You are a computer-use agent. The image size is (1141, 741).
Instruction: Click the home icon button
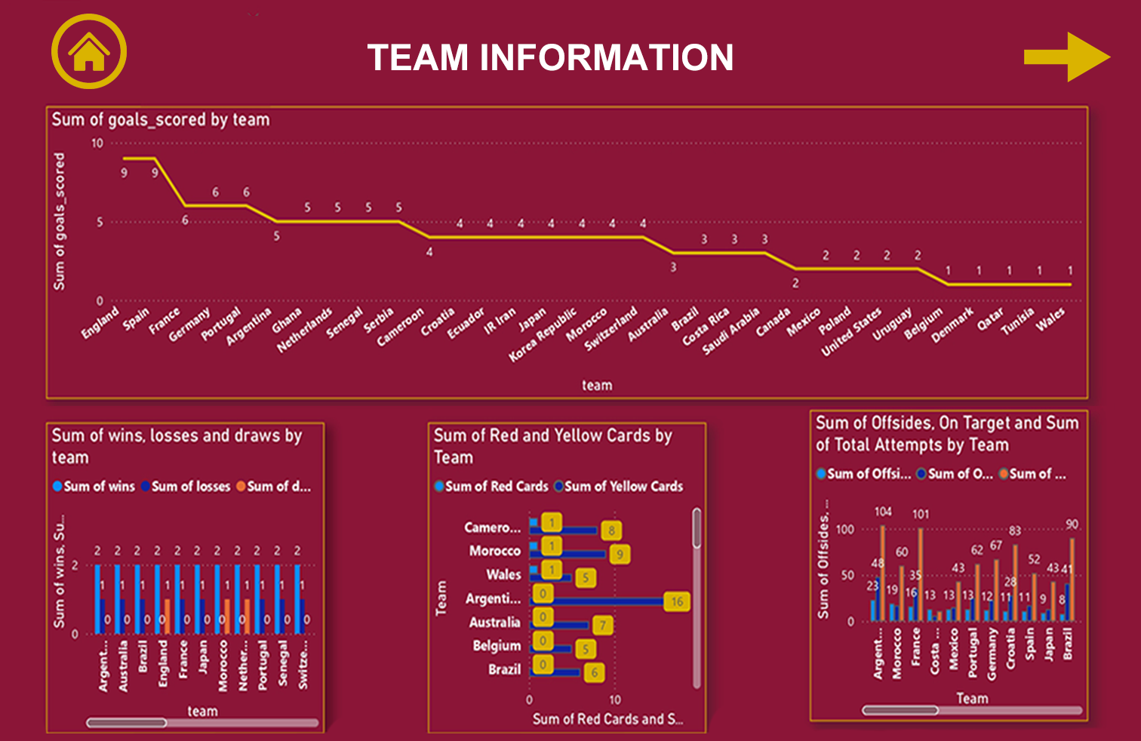pyautogui.click(x=89, y=52)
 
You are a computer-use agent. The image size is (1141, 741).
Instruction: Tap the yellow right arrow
pyautogui.click(x=1066, y=57)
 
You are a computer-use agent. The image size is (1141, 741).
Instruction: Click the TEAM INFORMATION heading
pyautogui.click(x=550, y=57)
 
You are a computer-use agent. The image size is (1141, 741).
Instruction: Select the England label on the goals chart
pyautogui.click(x=101, y=322)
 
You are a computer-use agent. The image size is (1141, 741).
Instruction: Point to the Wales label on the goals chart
pyautogui.click(x=1051, y=319)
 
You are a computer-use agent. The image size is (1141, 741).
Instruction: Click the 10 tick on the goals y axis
pyautogui.click(x=97, y=143)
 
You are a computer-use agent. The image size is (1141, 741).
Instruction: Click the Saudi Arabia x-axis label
pyautogui.click(x=731, y=331)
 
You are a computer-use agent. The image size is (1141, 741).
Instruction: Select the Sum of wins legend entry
pyautogui.click(x=94, y=487)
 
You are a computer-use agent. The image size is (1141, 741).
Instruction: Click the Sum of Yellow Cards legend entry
pyautogui.click(x=619, y=487)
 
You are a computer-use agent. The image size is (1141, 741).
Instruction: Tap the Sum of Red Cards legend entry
pyautogui.click(x=491, y=487)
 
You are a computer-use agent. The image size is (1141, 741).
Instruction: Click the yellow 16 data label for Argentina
pyautogui.click(x=677, y=601)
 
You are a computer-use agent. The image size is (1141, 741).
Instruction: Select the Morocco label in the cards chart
pyautogui.click(x=495, y=551)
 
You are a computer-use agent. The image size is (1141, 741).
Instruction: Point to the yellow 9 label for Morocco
pyautogui.click(x=620, y=555)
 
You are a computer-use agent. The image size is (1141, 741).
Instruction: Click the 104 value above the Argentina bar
pyautogui.click(x=883, y=512)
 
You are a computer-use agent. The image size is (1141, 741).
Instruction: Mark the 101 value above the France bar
pyautogui.click(x=921, y=514)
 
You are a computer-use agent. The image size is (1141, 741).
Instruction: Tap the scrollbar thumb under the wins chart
pyautogui.click(x=127, y=723)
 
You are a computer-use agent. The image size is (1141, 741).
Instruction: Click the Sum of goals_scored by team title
pyautogui.click(x=161, y=119)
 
